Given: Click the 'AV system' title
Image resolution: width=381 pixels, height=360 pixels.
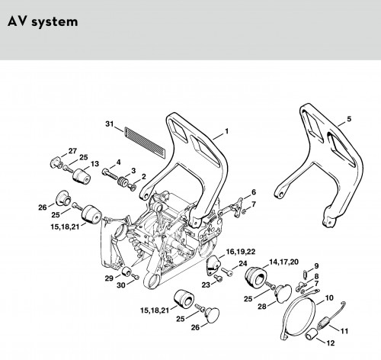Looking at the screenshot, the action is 43,22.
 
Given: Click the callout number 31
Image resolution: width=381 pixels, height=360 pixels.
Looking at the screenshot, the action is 110,124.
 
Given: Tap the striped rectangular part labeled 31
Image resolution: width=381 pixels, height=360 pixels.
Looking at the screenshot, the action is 145,142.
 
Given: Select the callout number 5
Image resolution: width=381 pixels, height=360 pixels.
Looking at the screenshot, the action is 349,119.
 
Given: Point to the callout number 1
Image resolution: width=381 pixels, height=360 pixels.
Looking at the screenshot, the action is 226,131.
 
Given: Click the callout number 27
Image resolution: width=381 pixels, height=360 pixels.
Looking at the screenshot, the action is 72,151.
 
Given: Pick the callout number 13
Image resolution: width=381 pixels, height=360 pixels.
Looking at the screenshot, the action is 94,164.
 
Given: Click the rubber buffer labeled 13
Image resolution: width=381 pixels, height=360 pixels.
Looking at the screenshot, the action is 81,175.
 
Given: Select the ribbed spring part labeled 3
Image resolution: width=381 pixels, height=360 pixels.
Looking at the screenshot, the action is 123,182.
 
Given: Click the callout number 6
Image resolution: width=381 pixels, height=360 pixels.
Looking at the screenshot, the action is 254,192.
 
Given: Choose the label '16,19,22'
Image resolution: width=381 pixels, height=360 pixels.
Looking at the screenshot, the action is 241,252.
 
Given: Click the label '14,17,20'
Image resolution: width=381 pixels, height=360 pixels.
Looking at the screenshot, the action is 283,262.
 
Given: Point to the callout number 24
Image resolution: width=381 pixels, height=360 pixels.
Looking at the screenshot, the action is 243,264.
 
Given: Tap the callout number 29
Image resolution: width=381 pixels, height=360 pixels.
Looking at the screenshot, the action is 109,278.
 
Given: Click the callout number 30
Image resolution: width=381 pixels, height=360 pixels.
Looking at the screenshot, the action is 121,285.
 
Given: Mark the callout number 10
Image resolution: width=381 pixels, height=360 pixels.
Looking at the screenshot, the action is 329,297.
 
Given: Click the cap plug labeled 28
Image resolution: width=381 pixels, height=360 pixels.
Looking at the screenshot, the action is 283,294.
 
